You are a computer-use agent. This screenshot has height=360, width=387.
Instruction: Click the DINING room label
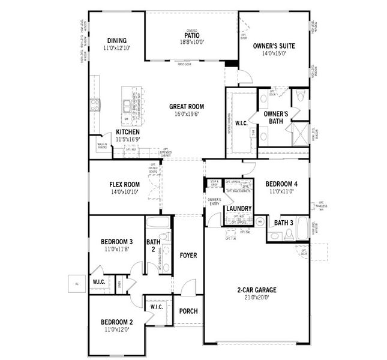tap(116, 41)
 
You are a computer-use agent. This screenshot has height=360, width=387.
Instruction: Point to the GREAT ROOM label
tap(186, 107)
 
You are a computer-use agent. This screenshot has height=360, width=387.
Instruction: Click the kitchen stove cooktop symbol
tap(94, 106)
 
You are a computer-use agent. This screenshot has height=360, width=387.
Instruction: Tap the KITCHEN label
tap(127, 132)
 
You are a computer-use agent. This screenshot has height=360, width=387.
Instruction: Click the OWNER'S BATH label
tap(275, 117)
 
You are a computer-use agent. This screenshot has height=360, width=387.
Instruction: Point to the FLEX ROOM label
tap(124, 185)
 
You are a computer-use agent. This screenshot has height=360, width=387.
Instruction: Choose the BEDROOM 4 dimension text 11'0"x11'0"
tap(281, 191)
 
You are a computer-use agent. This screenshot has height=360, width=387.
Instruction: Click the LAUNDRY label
tap(238, 208)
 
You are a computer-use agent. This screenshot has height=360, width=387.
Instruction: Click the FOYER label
tap(188, 256)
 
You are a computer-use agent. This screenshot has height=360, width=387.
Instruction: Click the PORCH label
tap(188, 311)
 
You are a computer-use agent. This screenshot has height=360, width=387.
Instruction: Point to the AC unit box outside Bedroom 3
tap(77, 283)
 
